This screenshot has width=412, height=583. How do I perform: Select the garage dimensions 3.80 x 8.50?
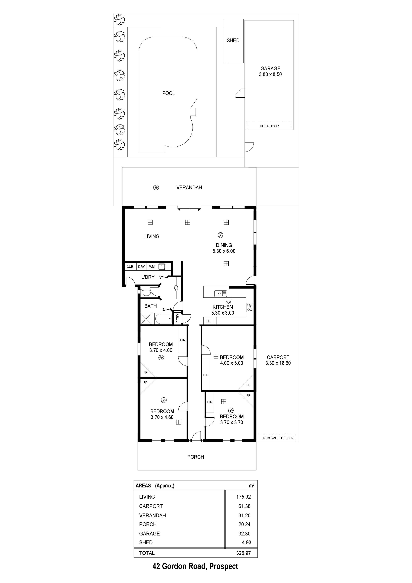pyautogui.click(x=270, y=74)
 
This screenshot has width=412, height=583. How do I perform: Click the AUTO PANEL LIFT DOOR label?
pyautogui.click(x=278, y=438)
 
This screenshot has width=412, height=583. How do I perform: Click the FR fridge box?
pyautogui.click(x=208, y=321)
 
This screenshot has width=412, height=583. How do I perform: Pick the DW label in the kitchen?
pyautogui.click(x=228, y=303)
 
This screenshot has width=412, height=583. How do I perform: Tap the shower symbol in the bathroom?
pyautogui.click(x=146, y=319)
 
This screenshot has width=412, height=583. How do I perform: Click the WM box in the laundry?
pyautogui.click(x=152, y=267)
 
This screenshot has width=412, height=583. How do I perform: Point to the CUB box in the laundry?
pyautogui.click(x=130, y=267)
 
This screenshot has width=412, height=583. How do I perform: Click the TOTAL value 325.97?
pyautogui.click(x=243, y=553)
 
